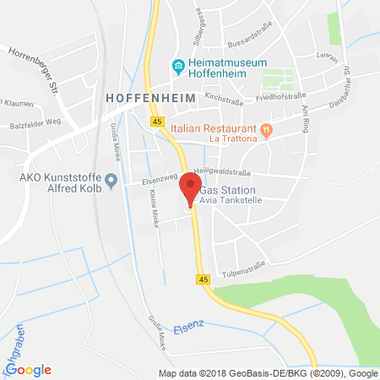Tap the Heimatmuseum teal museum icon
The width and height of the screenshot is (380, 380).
pyautogui.click(x=177, y=66)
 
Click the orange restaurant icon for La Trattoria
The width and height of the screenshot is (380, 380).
pyautogui.click(x=267, y=129)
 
